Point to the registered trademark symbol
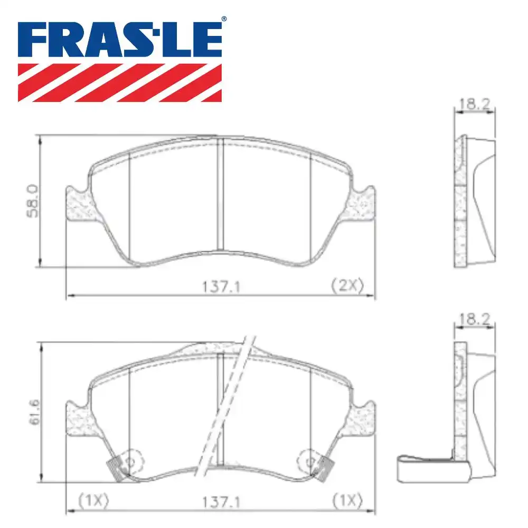point(224,20)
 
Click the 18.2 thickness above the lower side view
point(474,318)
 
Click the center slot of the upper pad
point(220,195)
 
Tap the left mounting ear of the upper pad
point(77,204)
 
